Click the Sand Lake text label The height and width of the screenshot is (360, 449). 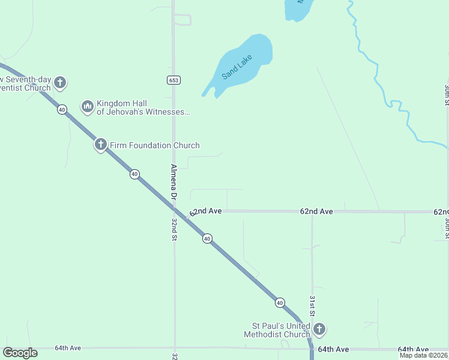[237, 67]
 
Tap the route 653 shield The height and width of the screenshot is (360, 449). [173, 80]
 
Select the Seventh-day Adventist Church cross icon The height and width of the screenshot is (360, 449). [59, 83]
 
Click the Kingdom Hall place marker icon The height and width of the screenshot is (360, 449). [88, 107]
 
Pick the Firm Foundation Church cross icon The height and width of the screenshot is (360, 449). [100, 145]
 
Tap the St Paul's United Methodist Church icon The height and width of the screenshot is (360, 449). [319, 329]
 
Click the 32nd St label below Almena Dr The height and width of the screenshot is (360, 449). [174, 229]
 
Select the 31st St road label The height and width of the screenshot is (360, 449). [312, 306]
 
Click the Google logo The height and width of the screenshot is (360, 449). [20, 353]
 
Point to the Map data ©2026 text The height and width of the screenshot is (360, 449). [423, 355]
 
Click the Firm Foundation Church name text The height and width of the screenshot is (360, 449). [154, 145]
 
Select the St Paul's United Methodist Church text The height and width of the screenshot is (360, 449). [277, 330]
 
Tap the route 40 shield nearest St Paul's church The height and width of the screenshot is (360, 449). [280, 302]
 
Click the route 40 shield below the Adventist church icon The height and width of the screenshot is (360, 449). [62, 109]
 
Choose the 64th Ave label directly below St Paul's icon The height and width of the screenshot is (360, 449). [333, 349]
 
